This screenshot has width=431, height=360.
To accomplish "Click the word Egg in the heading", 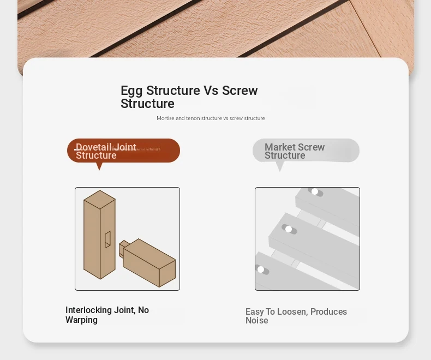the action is (131, 91).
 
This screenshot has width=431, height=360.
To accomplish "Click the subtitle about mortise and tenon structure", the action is (211, 118).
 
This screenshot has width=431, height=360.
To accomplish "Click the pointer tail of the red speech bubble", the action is (99, 166).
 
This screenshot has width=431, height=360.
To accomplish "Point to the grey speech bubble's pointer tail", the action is (279, 166).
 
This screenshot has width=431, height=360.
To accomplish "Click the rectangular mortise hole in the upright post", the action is (107, 239).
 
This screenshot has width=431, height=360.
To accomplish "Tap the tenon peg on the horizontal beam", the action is (123, 248).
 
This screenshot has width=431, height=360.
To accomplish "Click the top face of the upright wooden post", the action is (99, 200).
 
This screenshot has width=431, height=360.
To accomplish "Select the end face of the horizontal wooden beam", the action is (167, 274).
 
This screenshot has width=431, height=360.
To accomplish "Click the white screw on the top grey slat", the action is (315, 191).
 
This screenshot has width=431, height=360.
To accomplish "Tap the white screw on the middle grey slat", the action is (289, 229).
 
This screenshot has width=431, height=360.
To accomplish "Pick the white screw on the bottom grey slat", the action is (261, 269).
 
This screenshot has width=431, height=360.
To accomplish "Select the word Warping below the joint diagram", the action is (81, 320).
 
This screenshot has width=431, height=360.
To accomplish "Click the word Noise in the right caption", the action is (257, 320).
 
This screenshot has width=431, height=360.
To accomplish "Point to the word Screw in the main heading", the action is (240, 90).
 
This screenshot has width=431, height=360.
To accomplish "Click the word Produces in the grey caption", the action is (328, 311).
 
